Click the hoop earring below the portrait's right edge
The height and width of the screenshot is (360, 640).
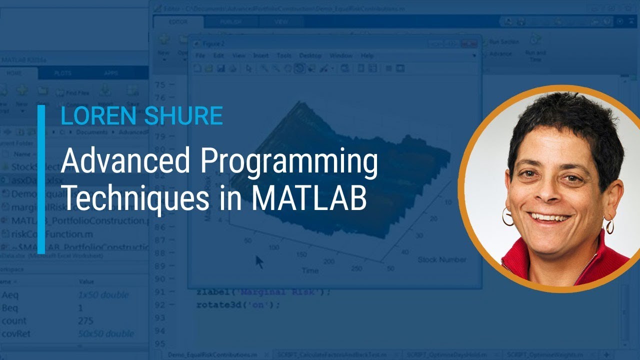tap(609, 226)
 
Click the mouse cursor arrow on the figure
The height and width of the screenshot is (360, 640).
tap(258, 261)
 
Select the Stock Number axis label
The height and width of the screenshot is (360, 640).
tap(441, 259)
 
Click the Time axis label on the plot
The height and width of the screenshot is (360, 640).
tap(309, 270)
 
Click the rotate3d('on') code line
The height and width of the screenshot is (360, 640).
tap(238, 304)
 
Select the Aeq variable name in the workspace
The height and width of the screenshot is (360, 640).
tap(10, 294)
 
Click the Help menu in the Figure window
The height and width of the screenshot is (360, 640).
tap(367, 55)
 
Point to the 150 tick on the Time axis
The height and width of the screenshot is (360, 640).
tap(301, 254)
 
